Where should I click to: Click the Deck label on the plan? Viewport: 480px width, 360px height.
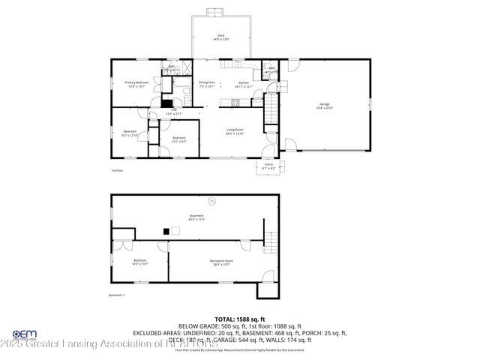pyautogui.click(x=221, y=37)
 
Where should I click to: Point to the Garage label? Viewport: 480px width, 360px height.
pyautogui.click(x=324, y=106)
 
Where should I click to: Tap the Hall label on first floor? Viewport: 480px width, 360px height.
pyautogui.click(x=173, y=112)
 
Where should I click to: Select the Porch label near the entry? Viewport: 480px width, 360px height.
pyautogui.click(x=268, y=166)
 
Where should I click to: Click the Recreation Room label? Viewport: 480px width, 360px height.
pyautogui.click(x=220, y=262)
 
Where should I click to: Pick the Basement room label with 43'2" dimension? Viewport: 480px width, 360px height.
pyautogui.click(x=196, y=217)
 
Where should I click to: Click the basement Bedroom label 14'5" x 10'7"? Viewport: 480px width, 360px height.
pyautogui.click(x=140, y=262)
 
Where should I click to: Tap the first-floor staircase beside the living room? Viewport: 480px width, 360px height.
pyautogui.click(x=271, y=114)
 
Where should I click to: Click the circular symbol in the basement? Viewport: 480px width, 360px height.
pyautogui.click(x=212, y=199)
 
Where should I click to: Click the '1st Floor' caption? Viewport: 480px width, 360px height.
pyautogui.click(x=116, y=170)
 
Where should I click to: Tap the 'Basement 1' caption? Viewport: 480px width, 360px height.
pyautogui.click(x=116, y=295)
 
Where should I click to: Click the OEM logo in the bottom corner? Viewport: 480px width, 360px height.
pyautogui.click(x=25, y=335)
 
